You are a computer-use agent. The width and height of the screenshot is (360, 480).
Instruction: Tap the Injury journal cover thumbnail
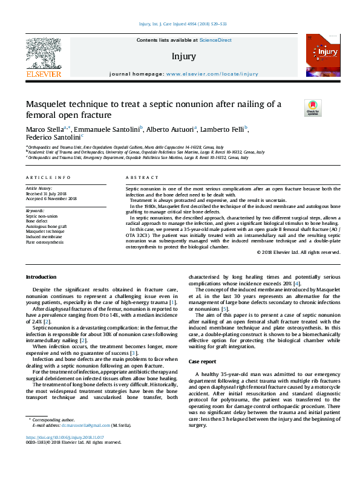coord(321,56)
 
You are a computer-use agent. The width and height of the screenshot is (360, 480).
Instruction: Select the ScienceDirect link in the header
coord(216,40)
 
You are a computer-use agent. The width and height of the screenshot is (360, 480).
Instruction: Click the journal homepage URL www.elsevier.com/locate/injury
coord(212,73)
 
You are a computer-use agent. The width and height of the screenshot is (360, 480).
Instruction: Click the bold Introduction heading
coord(40,277)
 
